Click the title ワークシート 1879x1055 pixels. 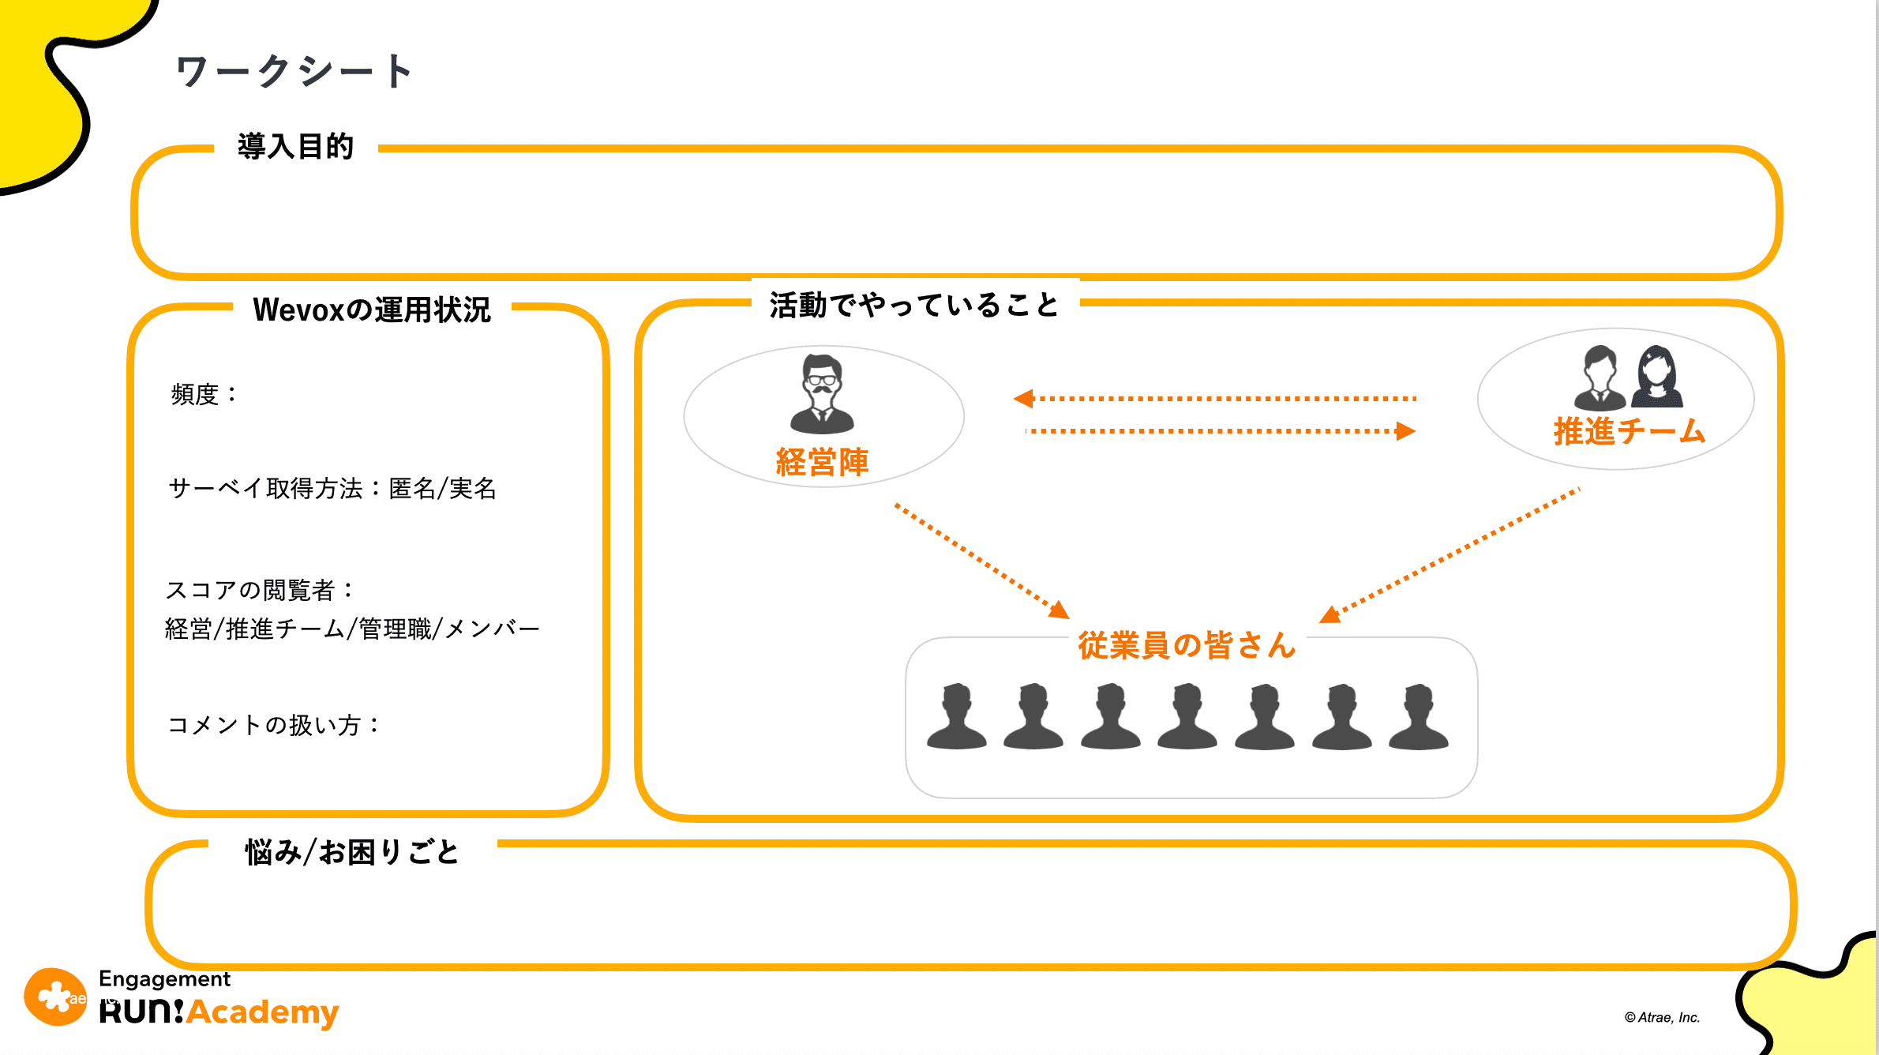coord(294,71)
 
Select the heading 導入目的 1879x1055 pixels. coord(295,147)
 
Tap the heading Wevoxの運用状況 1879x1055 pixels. coord(371,310)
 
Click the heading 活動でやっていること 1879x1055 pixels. coord(914,305)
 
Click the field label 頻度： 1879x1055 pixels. coord(204,393)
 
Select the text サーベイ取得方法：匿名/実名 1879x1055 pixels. coord(332,488)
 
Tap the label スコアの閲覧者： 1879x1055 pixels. coord(260,589)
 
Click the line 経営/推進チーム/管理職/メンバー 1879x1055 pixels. coord(352,629)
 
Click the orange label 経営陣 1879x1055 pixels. coord(823,462)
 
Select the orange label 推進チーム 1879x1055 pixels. coord(1630,431)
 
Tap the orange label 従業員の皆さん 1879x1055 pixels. coord(1187,645)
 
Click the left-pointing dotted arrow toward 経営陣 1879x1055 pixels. coord(1216,399)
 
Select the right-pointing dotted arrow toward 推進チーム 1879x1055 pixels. coord(1220,431)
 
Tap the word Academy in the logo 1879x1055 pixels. coord(263,1012)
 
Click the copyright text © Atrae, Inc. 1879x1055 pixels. coord(1662,1017)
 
